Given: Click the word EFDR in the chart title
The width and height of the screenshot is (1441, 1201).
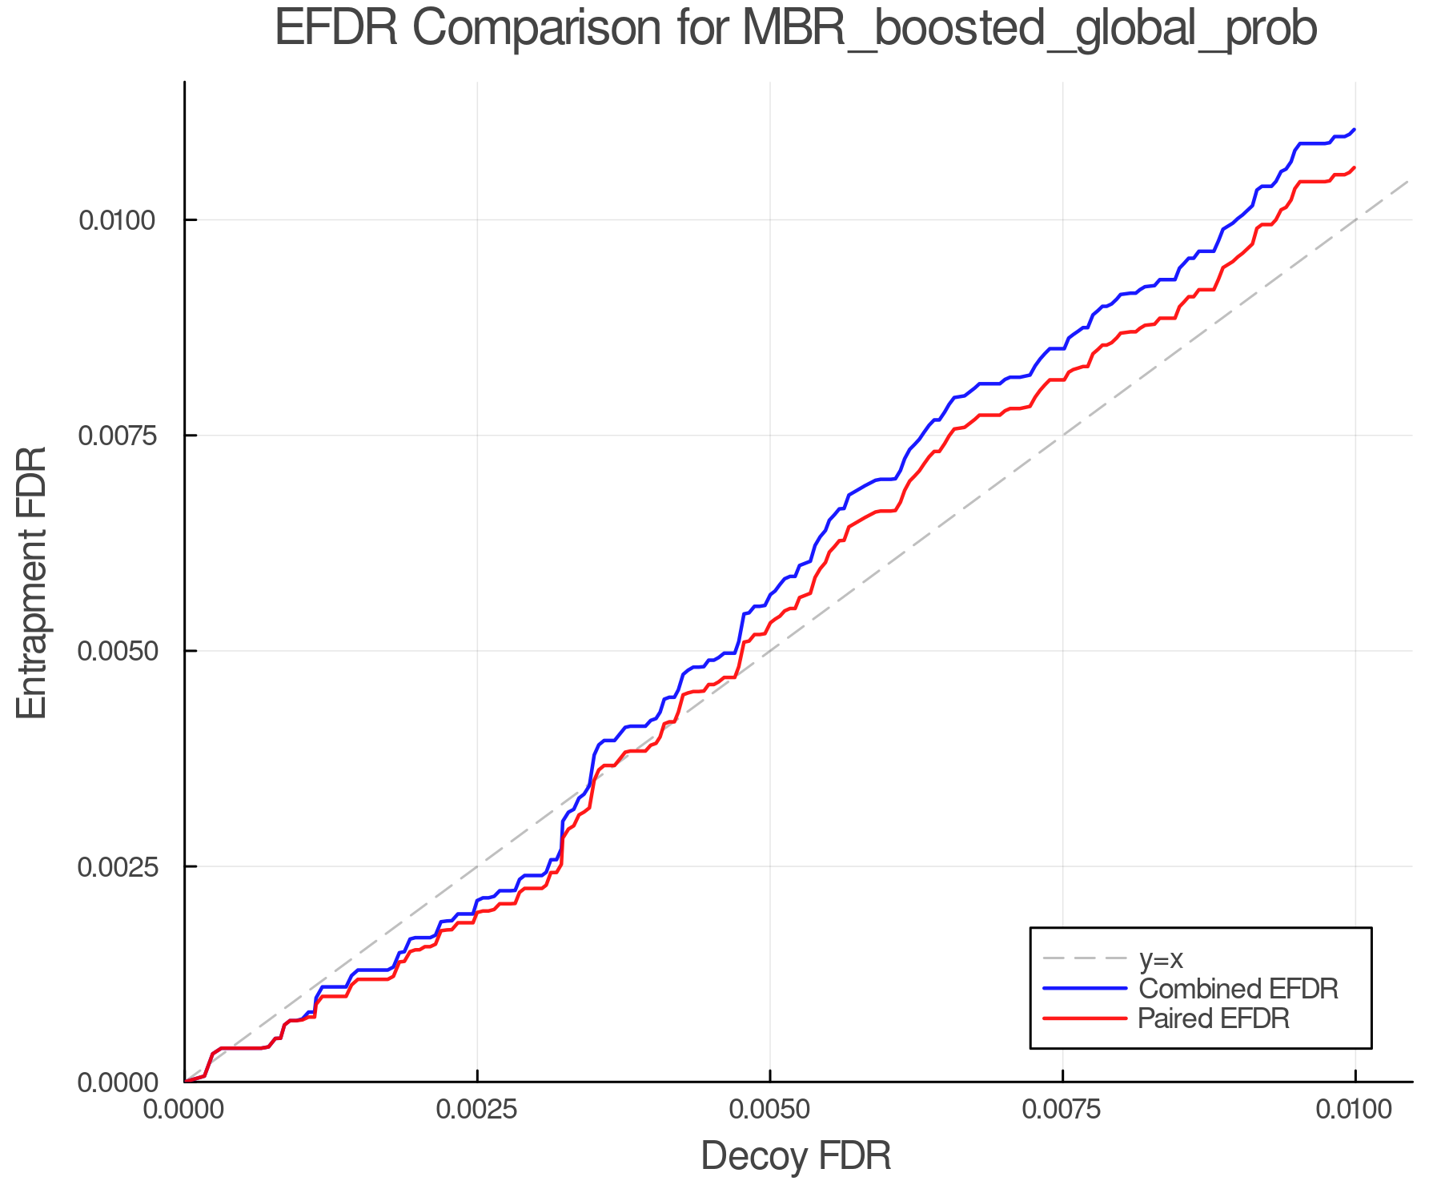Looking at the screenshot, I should pyautogui.click(x=336, y=29).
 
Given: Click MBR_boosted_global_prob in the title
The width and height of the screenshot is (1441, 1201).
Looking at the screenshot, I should pyautogui.click(x=1030, y=30).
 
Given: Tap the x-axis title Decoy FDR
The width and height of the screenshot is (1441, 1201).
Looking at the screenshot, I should pyautogui.click(x=796, y=1156).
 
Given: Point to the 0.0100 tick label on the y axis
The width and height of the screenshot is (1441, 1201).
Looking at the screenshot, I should pyautogui.click(x=118, y=219).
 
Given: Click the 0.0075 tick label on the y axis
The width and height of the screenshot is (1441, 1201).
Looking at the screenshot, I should pyautogui.click(x=118, y=435).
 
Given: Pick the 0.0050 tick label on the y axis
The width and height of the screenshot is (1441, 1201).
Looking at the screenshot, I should pyautogui.click(x=118, y=650).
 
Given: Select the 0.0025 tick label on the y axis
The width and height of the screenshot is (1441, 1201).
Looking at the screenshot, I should pyautogui.click(x=118, y=866).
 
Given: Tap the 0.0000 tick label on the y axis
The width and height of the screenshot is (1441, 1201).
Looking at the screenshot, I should pyautogui.click(x=118, y=1083).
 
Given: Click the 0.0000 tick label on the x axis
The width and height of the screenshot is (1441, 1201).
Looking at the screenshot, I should pyautogui.click(x=185, y=1110).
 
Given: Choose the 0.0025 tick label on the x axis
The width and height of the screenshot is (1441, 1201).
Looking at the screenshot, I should pyautogui.click(x=477, y=1110).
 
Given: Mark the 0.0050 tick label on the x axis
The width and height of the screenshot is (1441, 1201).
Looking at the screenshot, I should pyautogui.click(x=770, y=1110).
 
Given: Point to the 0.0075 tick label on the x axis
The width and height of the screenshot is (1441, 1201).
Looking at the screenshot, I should pyautogui.click(x=1062, y=1110).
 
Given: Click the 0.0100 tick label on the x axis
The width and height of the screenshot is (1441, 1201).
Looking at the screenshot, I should pyautogui.click(x=1355, y=1110).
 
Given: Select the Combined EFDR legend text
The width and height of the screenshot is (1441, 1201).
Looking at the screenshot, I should pyautogui.click(x=1238, y=989).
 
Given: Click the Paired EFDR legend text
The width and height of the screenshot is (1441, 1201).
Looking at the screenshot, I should pyautogui.click(x=1214, y=1018).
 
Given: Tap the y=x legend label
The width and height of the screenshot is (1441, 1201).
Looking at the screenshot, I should pyautogui.click(x=1160, y=958).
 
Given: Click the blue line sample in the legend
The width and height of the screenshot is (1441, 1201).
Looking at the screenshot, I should pyautogui.click(x=1085, y=989).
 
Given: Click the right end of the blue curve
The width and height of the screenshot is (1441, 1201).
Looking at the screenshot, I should pyautogui.click(x=1354, y=129).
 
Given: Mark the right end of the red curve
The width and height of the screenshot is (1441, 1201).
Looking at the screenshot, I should pyautogui.click(x=1354, y=167).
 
